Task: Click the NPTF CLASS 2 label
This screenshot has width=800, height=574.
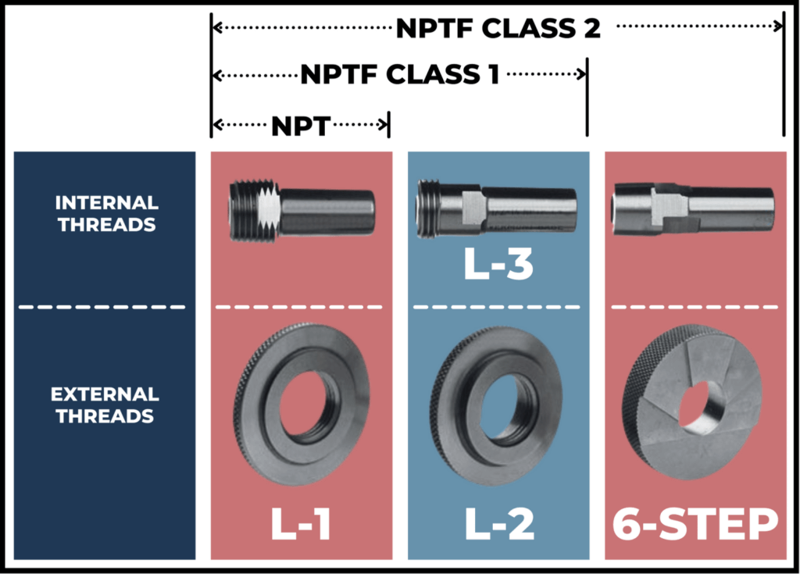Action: tap(498, 28)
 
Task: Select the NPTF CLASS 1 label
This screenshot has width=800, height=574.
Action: tap(400, 75)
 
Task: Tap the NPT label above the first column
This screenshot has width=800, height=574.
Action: tap(301, 125)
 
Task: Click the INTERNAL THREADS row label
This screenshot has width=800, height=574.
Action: tap(106, 213)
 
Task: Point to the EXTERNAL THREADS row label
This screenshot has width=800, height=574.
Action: tap(106, 405)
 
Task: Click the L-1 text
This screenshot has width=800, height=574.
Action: tap(300, 525)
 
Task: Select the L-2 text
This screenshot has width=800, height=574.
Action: tap(499, 525)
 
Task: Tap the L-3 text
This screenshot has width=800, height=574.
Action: tap(498, 265)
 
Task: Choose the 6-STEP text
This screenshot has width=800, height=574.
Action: tap(695, 525)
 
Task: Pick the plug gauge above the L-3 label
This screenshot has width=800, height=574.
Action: tap(497, 207)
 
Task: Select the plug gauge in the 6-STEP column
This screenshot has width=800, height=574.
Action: tap(694, 207)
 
